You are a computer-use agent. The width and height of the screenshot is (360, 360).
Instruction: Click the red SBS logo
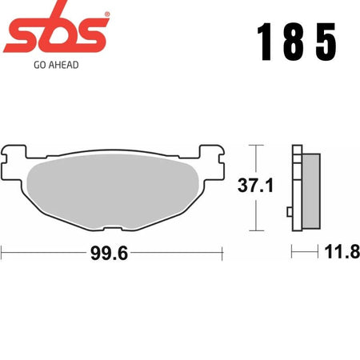pyautogui.click(x=56, y=30)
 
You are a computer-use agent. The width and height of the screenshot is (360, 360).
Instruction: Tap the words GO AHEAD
pyautogui.click(x=56, y=65)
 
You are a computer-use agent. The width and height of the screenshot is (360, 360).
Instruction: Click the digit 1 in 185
pyautogui.click(x=265, y=42)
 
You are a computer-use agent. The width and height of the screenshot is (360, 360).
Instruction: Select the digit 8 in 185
pyautogui.click(x=294, y=42)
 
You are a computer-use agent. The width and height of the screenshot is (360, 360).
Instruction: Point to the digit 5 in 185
pyautogui.click(x=326, y=42)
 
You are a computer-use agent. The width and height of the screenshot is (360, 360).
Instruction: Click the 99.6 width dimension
pyautogui.click(x=110, y=253)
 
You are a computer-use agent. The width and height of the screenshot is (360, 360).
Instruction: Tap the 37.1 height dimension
pyautogui.click(x=255, y=186)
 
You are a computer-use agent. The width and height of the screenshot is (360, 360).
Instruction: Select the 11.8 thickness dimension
pyautogui.click(x=342, y=251)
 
